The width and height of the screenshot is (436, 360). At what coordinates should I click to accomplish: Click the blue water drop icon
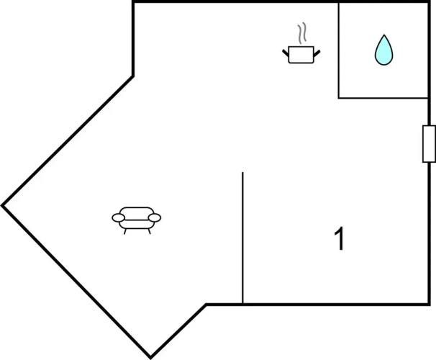[383, 51]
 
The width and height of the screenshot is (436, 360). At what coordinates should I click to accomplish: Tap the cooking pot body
[301, 55]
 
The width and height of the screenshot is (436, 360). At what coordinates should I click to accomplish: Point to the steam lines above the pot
[302, 33]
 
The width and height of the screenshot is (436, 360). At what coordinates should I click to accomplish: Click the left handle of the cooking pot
[286, 53]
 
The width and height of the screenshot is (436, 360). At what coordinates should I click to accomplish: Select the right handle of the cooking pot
[317, 53]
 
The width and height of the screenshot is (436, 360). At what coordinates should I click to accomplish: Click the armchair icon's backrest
[137, 212]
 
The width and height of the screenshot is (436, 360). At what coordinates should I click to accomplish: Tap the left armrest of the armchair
[119, 218]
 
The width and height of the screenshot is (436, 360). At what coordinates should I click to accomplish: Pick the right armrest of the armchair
[154, 217]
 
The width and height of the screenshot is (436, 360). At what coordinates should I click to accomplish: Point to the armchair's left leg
[125, 231]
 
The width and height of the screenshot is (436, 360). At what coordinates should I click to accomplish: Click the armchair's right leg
[150, 231]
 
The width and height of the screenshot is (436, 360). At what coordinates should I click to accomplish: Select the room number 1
[340, 238]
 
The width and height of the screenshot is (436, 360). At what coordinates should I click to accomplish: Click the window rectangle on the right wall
[429, 144]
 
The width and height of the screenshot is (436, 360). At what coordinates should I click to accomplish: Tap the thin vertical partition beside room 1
[242, 238]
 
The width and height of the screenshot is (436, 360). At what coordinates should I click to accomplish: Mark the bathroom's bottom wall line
[383, 98]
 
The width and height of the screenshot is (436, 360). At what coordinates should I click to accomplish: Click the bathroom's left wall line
[339, 50]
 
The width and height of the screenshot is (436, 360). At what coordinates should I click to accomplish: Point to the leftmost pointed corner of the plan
[2, 206]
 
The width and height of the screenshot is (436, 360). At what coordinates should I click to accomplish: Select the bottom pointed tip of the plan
[150, 358]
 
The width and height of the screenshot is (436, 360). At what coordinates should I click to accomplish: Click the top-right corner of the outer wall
[429, 2]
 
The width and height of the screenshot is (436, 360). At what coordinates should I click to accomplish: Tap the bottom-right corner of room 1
[429, 305]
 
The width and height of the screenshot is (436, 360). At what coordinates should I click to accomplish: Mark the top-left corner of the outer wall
[133, 2]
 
